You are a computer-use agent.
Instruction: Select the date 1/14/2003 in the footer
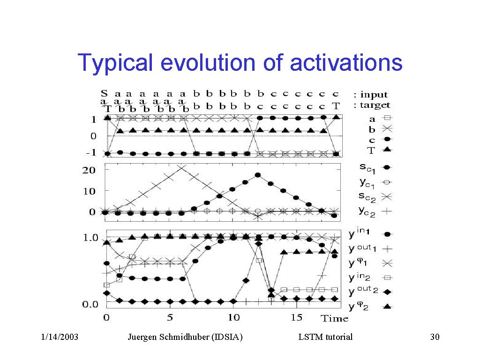pyautogui.click(x=60, y=337)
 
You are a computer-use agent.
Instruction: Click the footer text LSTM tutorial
pyautogui.click(x=325, y=337)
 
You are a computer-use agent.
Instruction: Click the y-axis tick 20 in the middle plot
pyautogui.click(x=89, y=170)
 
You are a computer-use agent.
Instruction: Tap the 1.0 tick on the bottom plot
pyautogui.click(x=90, y=238)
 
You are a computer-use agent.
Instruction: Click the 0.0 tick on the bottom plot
pyautogui.click(x=90, y=305)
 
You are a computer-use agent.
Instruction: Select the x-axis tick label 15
pyautogui.click(x=296, y=317)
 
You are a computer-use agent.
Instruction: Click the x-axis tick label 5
pyautogui.click(x=171, y=317)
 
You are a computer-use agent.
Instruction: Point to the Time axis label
pyautogui.click(x=334, y=318)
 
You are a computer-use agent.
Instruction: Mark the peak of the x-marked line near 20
pyautogui.click(x=182, y=166)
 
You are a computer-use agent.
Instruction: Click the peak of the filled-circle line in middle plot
pyautogui.click(x=257, y=175)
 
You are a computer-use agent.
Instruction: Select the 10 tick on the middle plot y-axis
pyautogui.click(x=89, y=191)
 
